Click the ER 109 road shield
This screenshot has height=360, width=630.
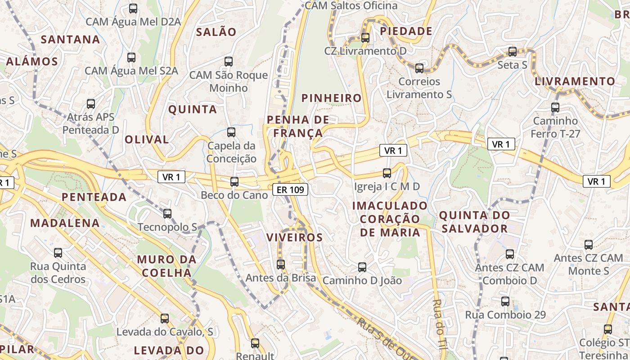coord(290,190)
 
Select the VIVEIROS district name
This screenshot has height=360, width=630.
coord(295,238)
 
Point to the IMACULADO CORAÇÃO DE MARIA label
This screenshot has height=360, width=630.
coord(390,219)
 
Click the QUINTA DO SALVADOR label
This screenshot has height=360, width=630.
coord(475,222)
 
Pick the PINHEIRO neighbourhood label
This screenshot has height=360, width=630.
coord(332,98)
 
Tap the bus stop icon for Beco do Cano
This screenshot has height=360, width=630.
coord(234,182)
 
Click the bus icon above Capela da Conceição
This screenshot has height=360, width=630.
coord(231,132)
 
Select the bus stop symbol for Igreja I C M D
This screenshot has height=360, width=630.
coord(387,173)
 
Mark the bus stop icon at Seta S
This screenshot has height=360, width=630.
coord(513,52)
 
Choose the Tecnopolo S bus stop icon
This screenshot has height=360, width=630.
coord(167,214)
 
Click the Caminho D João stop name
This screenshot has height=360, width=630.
coord(362,280)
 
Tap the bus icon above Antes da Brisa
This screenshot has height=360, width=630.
coord(281,265)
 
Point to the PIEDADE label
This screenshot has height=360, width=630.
coord(406,31)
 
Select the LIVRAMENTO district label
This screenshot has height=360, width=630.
coord(575,81)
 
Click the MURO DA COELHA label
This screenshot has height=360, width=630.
coord(167,266)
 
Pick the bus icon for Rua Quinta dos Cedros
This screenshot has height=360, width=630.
coord(58,253)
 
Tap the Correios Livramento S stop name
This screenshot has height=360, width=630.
coord(419,88)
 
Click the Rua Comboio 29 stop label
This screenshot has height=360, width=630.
coord(505,315)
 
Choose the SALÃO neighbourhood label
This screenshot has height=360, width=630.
coord(216,32)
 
